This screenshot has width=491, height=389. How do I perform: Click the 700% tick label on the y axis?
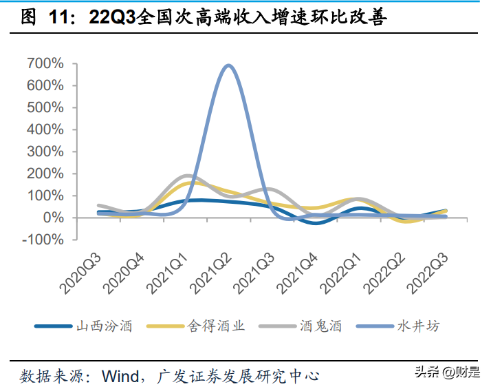pyautogui.click(x=45, y=63)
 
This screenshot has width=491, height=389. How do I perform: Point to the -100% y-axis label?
pyautogui.click(x=43, y=240)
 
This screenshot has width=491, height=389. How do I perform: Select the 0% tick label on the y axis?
pyautogui.click(x=54, y=218)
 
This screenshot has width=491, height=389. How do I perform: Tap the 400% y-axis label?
pyautogui.click(x=45, y=129)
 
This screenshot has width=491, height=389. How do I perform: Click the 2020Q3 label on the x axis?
pyautogui.click(x=80, y=273)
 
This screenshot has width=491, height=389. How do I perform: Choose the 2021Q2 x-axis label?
pyautogui.click(x=211, y=273)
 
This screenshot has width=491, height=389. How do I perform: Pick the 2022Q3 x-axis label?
pyautogui.click(x=428, y=273)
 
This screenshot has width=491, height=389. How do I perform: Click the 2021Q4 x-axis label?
pyautogui.click(x=298, y=273)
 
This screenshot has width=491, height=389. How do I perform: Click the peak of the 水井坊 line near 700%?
pyautogui.click(x=228, y=66)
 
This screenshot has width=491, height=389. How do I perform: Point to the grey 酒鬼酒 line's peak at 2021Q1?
pyautogui.click(x=187, y=176)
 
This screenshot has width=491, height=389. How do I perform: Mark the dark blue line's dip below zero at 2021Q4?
pyautogui.click(x=316, y=222)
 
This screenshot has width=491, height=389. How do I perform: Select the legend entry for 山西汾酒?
pyautogui.click(x=84, y=326)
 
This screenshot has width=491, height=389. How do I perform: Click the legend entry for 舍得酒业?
pyautogui.click(x=196, y=326)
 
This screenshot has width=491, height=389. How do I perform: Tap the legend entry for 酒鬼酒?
pyautogui.click(x=301, y=326)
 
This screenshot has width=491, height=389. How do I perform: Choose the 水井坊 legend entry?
pyautogui.click(x=398, y=326)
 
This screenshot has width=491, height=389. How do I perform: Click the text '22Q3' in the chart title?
pyautogui.click(x=112, y=17)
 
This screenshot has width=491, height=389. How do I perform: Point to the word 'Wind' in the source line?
pyautogui.click(x=120, y=376)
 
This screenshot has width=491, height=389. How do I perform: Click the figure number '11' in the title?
pyautogui.click(x=58, y=17)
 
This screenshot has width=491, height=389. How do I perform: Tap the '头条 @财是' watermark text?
pyautogui.click(x=448, y=372)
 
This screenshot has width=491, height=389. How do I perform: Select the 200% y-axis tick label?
pyautogui.click(x=45, y=174)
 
